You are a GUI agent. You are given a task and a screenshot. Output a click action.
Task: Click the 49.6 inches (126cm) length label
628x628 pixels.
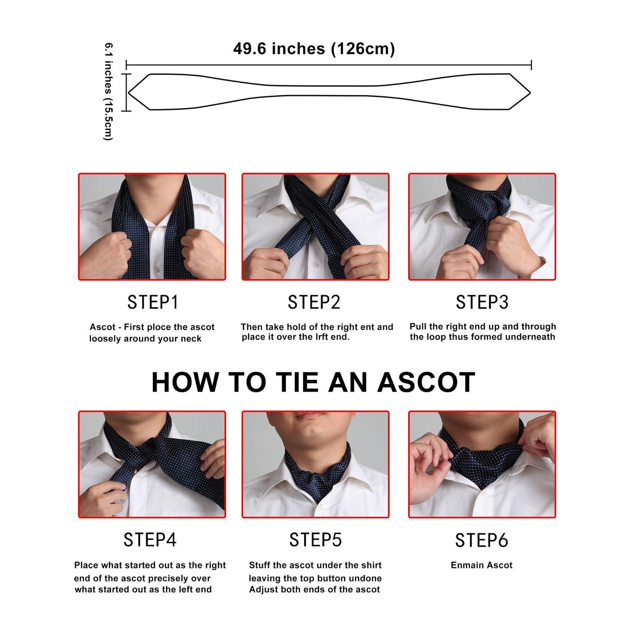click(x=314, y=49)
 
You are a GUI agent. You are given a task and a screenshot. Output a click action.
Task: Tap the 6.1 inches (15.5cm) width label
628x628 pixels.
click(x=108, y=91)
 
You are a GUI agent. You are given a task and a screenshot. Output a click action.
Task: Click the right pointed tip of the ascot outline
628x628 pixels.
click(x=530, y=93)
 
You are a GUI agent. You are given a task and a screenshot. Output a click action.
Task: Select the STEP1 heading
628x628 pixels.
click(x=153, y=302)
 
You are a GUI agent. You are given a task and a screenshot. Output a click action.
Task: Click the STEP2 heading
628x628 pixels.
click(x=314, y=302)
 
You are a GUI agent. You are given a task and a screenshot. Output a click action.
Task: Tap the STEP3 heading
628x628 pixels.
click(x=482, y=302)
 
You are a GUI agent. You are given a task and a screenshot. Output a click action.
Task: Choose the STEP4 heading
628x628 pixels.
click(x=150, y=540)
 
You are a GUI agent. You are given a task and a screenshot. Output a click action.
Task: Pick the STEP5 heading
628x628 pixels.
click(x=315, y=540)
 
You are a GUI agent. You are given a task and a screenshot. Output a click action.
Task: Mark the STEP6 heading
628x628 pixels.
click(x=481, y=540)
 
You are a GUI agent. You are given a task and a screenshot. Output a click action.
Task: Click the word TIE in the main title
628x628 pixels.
click(x=298, y=382)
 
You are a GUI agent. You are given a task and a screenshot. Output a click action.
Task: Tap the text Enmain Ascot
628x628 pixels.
click(x=481, y=565)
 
